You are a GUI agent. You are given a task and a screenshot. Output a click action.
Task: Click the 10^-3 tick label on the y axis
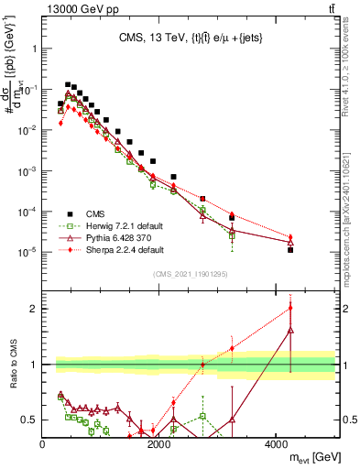coord(26,171)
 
